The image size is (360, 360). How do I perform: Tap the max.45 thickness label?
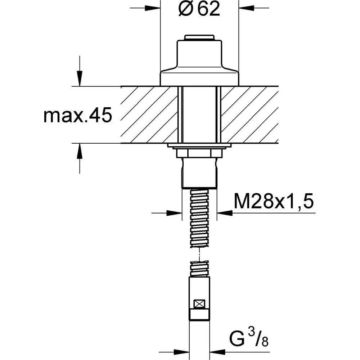[78, 115]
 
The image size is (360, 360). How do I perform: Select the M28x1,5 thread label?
[274, 201]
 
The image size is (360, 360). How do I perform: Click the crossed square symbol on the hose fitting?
[199, 304]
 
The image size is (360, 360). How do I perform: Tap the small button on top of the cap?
[199, 38]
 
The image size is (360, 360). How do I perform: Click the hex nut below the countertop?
[199, 153]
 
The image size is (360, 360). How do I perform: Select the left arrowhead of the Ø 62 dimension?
[153, 8]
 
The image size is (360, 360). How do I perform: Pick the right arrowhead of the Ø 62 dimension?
[246, 8]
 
